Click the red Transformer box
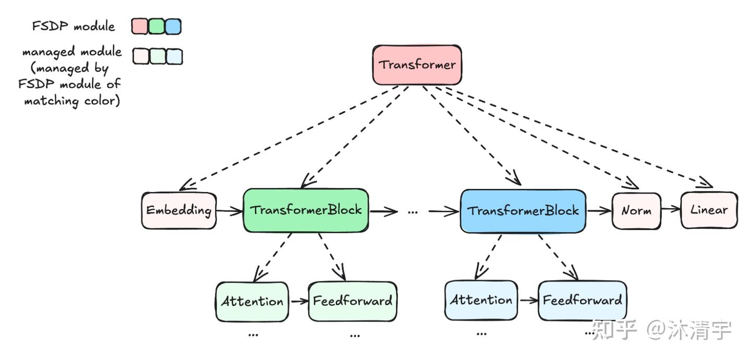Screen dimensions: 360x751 (417, 65)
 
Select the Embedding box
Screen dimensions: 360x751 (179, 211)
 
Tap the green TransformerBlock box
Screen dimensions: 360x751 (306, 210)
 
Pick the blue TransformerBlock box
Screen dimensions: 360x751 (523, 211)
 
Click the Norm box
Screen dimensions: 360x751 (636, 211)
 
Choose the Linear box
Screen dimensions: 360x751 (709, 210)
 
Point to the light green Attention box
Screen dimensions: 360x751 (252, 302)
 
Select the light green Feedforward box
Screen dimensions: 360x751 (352, 302)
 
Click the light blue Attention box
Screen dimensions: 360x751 (481, 301)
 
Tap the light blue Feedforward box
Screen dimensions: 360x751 (582, 301)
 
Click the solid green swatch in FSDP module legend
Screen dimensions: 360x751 (156, 26)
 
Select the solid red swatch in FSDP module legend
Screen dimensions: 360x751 (140, 26)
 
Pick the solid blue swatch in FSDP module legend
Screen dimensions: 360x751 (173, 26)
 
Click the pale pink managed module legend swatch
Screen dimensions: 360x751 (141, 56)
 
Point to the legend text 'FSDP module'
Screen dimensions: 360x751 (73, 26)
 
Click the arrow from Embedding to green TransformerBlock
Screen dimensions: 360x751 (230, 211)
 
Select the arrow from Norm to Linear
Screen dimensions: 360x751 (671, 210)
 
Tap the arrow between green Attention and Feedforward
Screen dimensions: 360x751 (298, 302)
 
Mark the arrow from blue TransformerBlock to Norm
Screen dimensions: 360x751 (598, 211)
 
